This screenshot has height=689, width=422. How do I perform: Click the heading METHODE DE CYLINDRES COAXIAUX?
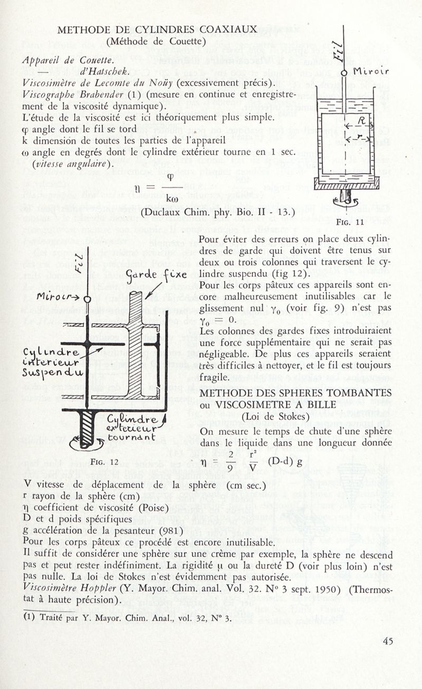[157, 30]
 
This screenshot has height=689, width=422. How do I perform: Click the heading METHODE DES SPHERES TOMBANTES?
[295, 393]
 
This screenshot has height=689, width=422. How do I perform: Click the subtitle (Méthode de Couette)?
[156, 41]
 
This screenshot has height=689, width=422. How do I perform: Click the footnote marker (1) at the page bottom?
[30, 618]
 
